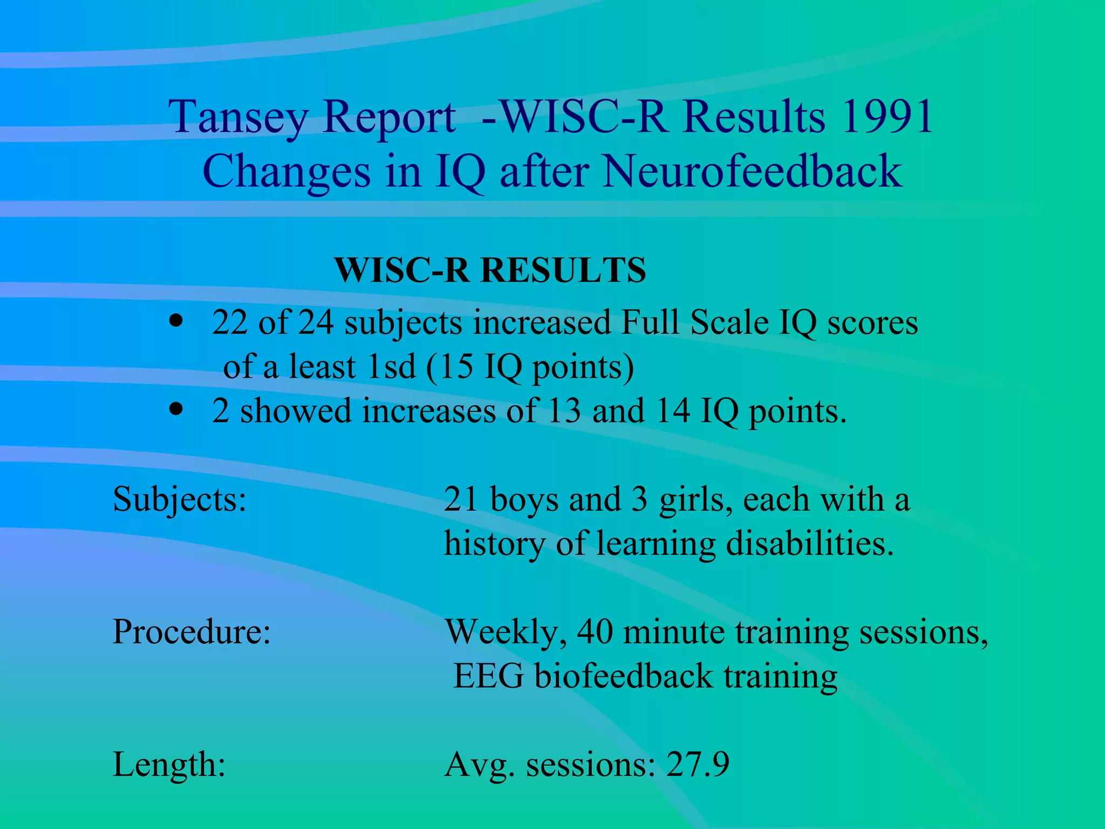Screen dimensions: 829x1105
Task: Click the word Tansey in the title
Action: coord(238,117)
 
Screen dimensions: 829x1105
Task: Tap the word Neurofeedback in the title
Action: coord(752,171)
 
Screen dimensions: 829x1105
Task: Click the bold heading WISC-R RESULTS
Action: coord(490,270)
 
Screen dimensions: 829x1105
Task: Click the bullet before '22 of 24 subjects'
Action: coord(176,322)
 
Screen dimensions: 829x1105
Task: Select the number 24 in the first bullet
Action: coord(316,323)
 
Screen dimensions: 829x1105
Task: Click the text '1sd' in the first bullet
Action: coord(391,366)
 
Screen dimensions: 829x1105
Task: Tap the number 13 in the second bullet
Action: coord(564,411)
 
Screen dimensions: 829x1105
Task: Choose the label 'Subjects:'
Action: coord(180,499)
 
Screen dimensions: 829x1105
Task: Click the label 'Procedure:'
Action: coord(192,631)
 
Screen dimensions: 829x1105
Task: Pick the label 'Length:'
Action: coord(169,765)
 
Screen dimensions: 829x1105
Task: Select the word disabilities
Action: coord(809,543)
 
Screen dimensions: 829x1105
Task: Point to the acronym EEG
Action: coord(488,676)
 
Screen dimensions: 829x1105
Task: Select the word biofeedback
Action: coord(624,676)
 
